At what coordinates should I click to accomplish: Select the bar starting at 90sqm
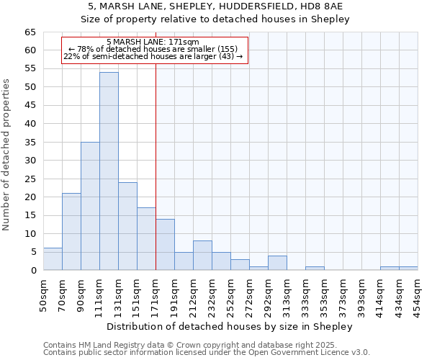pos(90,206)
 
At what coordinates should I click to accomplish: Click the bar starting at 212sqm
pos(202,256)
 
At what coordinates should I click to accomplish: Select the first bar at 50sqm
pos(53,259)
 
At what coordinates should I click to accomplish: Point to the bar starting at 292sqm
pos(277,263)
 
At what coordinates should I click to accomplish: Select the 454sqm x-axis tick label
pos(418,295)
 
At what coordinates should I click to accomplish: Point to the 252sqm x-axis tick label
pos(230,295)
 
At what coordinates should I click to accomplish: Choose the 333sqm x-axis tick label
pos(305,295)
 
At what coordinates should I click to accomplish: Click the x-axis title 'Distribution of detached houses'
pos(230,327)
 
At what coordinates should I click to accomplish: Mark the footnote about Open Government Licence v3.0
pos(206,353)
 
